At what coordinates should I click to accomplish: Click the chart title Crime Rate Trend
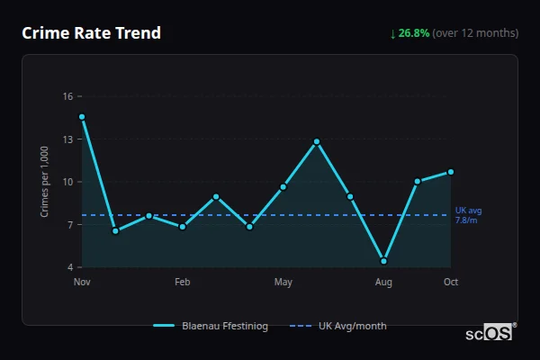click(x=91, y=33)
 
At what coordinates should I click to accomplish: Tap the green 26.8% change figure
click(x=415, y=33)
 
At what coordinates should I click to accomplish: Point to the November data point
click(x=82, y=117)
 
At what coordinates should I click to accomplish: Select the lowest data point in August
click(x=384, y=261)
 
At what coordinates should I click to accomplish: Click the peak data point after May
click(x=317, y=141)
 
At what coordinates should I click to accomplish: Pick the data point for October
click(x=451, y=172)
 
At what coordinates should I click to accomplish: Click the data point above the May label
click(x=283, y=187)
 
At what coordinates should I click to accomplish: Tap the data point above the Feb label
click(x=183, y=227)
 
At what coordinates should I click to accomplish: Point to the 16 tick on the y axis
click(x=67, y=96)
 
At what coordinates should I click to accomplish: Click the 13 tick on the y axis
click(x=67, y=139)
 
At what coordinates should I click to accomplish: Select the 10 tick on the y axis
click(x=67, y=182)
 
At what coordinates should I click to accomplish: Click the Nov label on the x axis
click(x=82, y=283)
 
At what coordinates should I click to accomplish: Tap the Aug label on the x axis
click(x=384, y=283)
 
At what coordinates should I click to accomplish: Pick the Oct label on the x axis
click(x=451, y=283)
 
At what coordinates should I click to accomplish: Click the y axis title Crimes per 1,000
click(x=45, y=182)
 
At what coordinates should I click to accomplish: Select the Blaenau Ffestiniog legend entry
click(x=211, y=326)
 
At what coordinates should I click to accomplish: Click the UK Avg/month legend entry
click(x=339, y=326)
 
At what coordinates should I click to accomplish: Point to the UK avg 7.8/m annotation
click(x=468, y=215)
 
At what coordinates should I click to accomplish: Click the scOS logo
click(x=489, y=332)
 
